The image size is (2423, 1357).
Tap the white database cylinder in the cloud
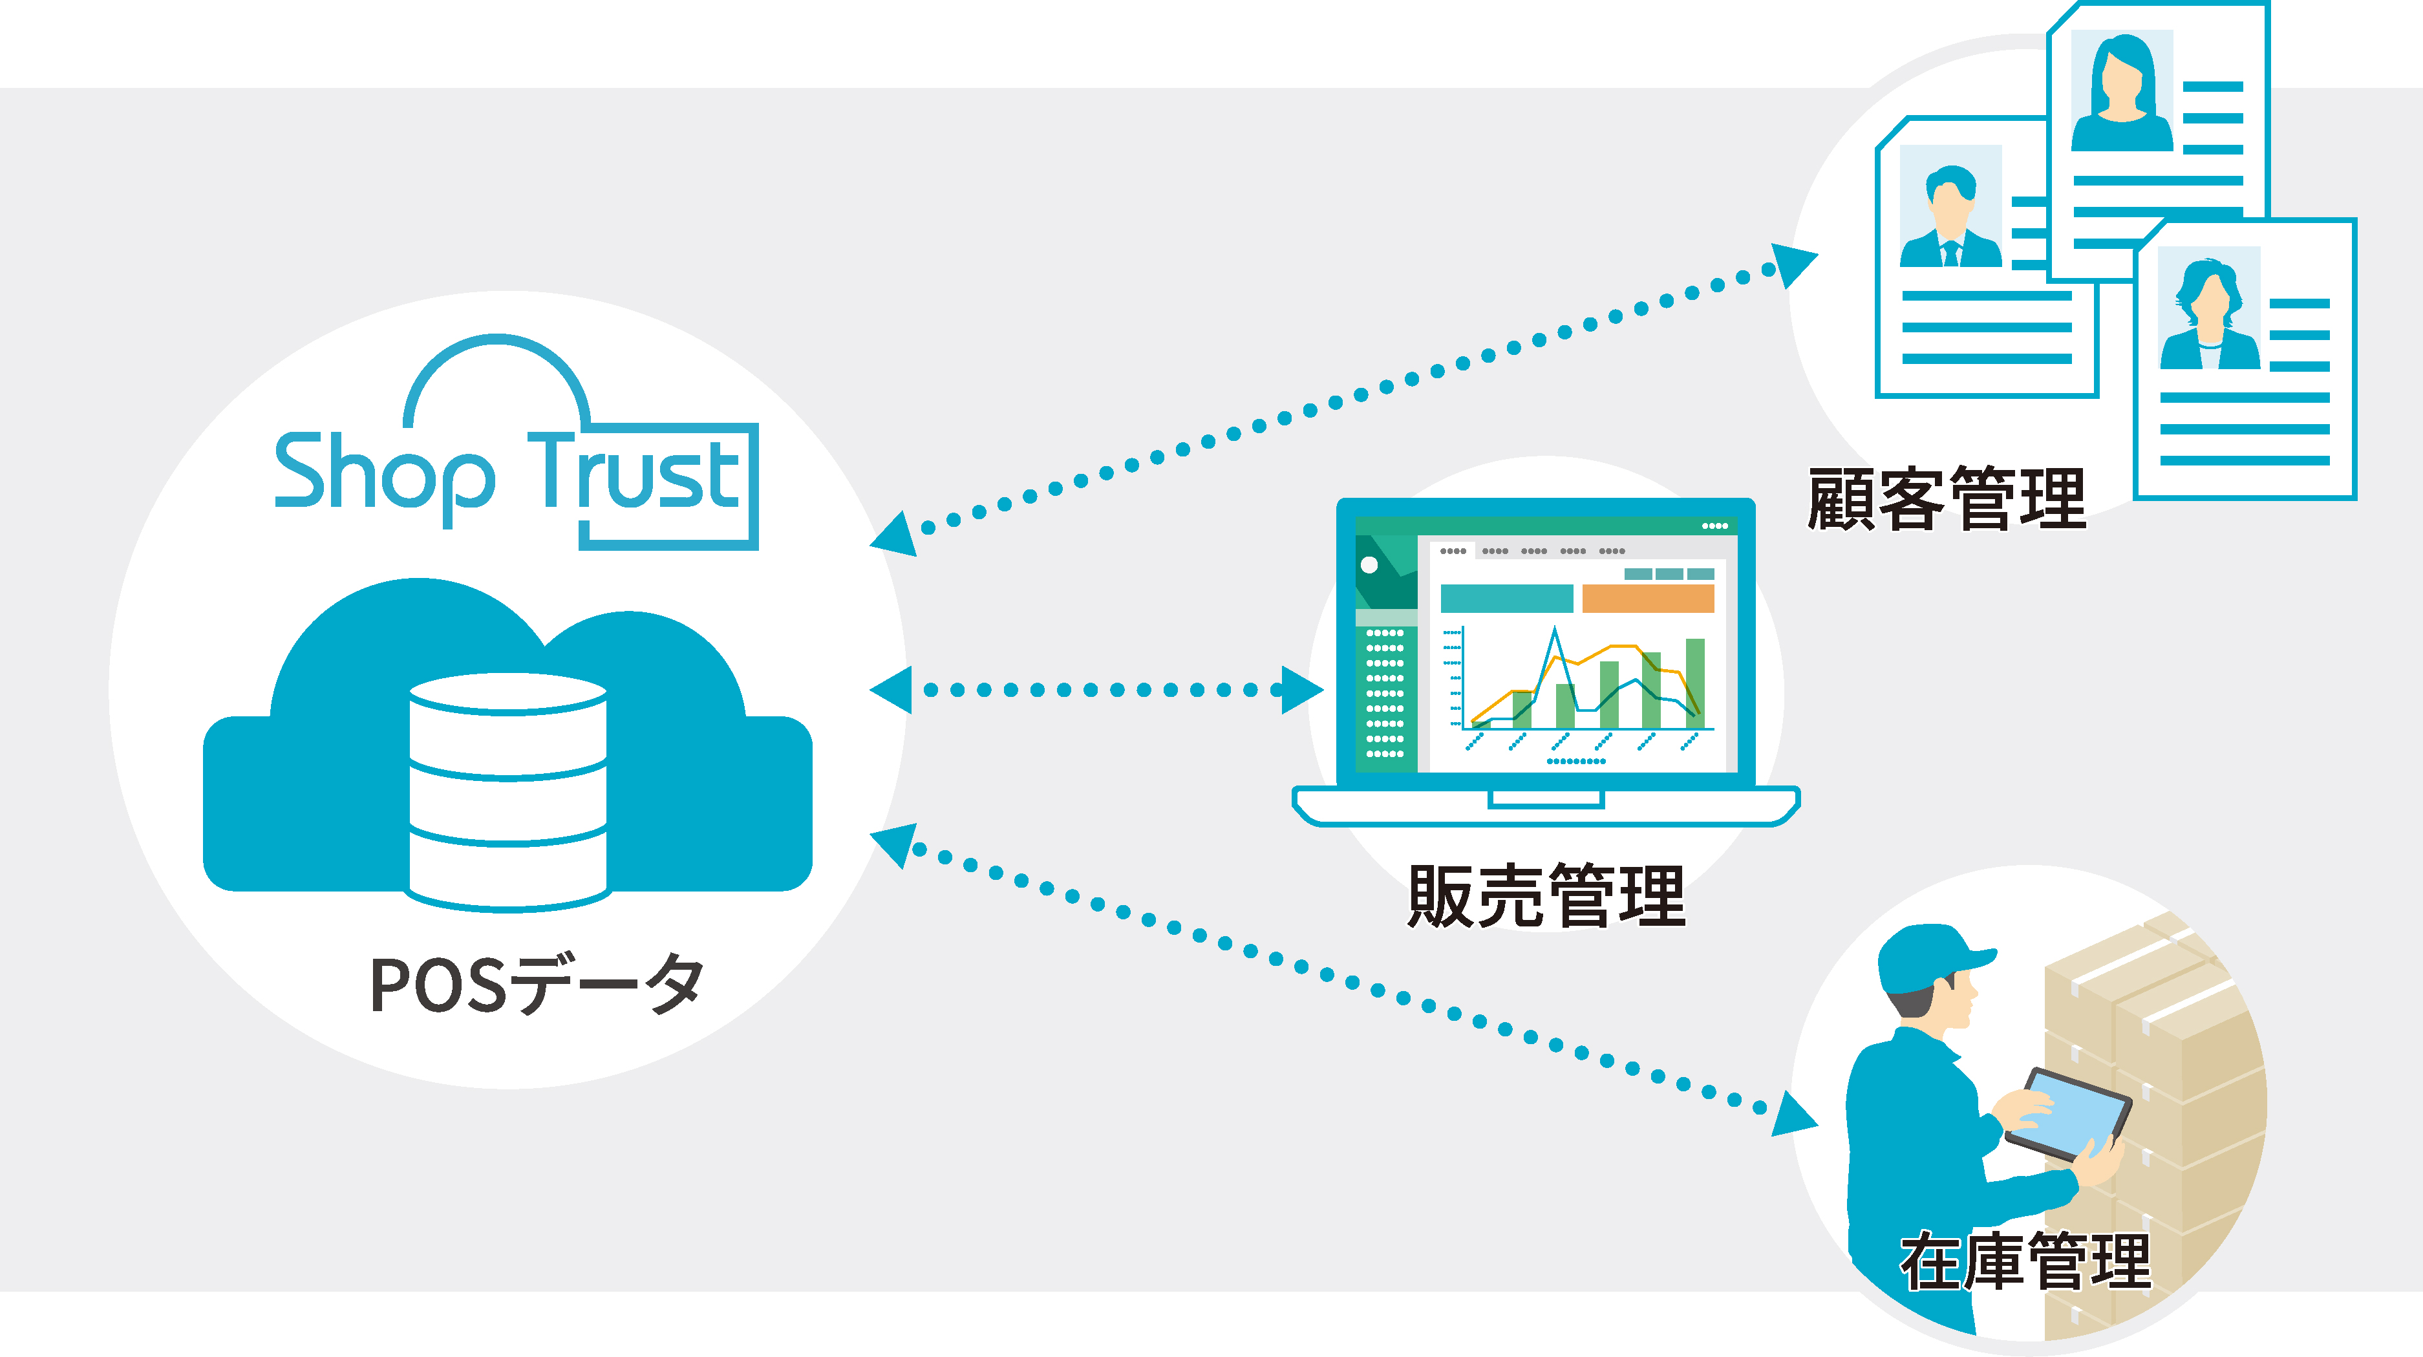pyautogui.click(x=508, y=790)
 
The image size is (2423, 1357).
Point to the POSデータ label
pyautogui.click(x=536, y=985)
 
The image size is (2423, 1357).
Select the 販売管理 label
pyautogui.click(x=1546, y=896)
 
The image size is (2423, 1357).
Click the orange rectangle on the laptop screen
pyautogui.click(x=1648, y=598)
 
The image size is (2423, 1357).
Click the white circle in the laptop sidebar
pyautogui.click(x=1369, y=565)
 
